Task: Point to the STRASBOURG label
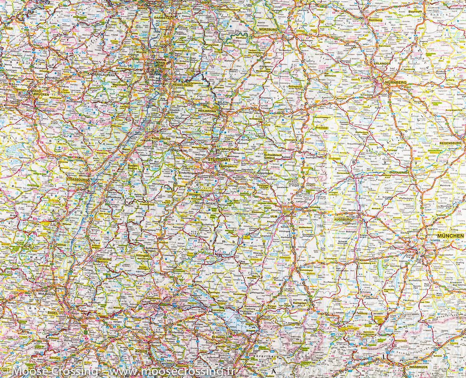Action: (x=76, y=179)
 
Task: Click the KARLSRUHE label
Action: (x=160, y=138)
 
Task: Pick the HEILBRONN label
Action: (x=207, y=110)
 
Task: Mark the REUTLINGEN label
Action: (x=206, y=204)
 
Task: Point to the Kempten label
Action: (x=299, y=304)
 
